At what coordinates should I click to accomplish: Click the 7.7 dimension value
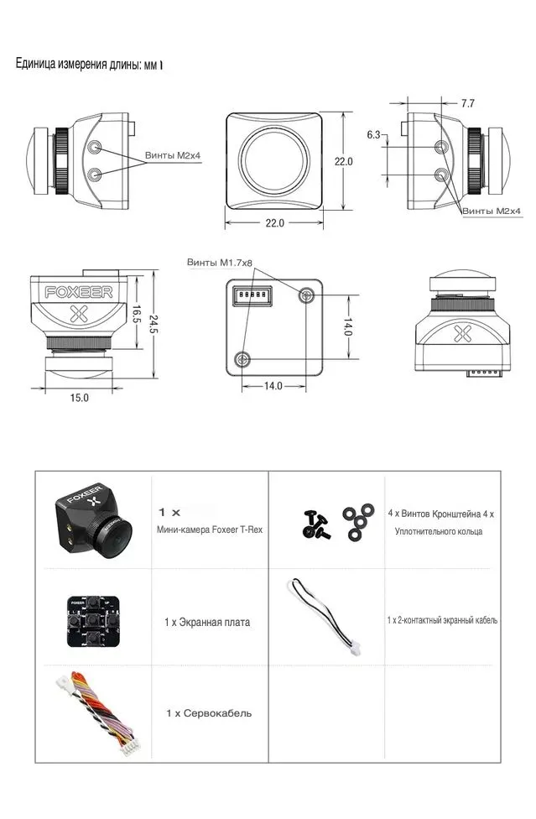[x=468, y=103]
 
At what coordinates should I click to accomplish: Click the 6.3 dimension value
[x=374, y=134]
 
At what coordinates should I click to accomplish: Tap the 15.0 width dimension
[x=79, y=398]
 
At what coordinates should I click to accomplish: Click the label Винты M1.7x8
[x=219, y=263]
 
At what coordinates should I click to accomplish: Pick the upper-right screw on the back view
[x=306, y=295]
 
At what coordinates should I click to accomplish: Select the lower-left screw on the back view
[x=243, y=358]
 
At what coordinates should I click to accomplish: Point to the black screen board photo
[x=91, y=620]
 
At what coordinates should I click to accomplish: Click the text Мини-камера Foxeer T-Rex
[x=210, y=529]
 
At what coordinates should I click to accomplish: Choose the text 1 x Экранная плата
[x=207, y=623]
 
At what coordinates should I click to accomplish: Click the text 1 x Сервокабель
[x=208, y=713]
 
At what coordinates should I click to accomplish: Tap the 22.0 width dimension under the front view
[x=275, y=223]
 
